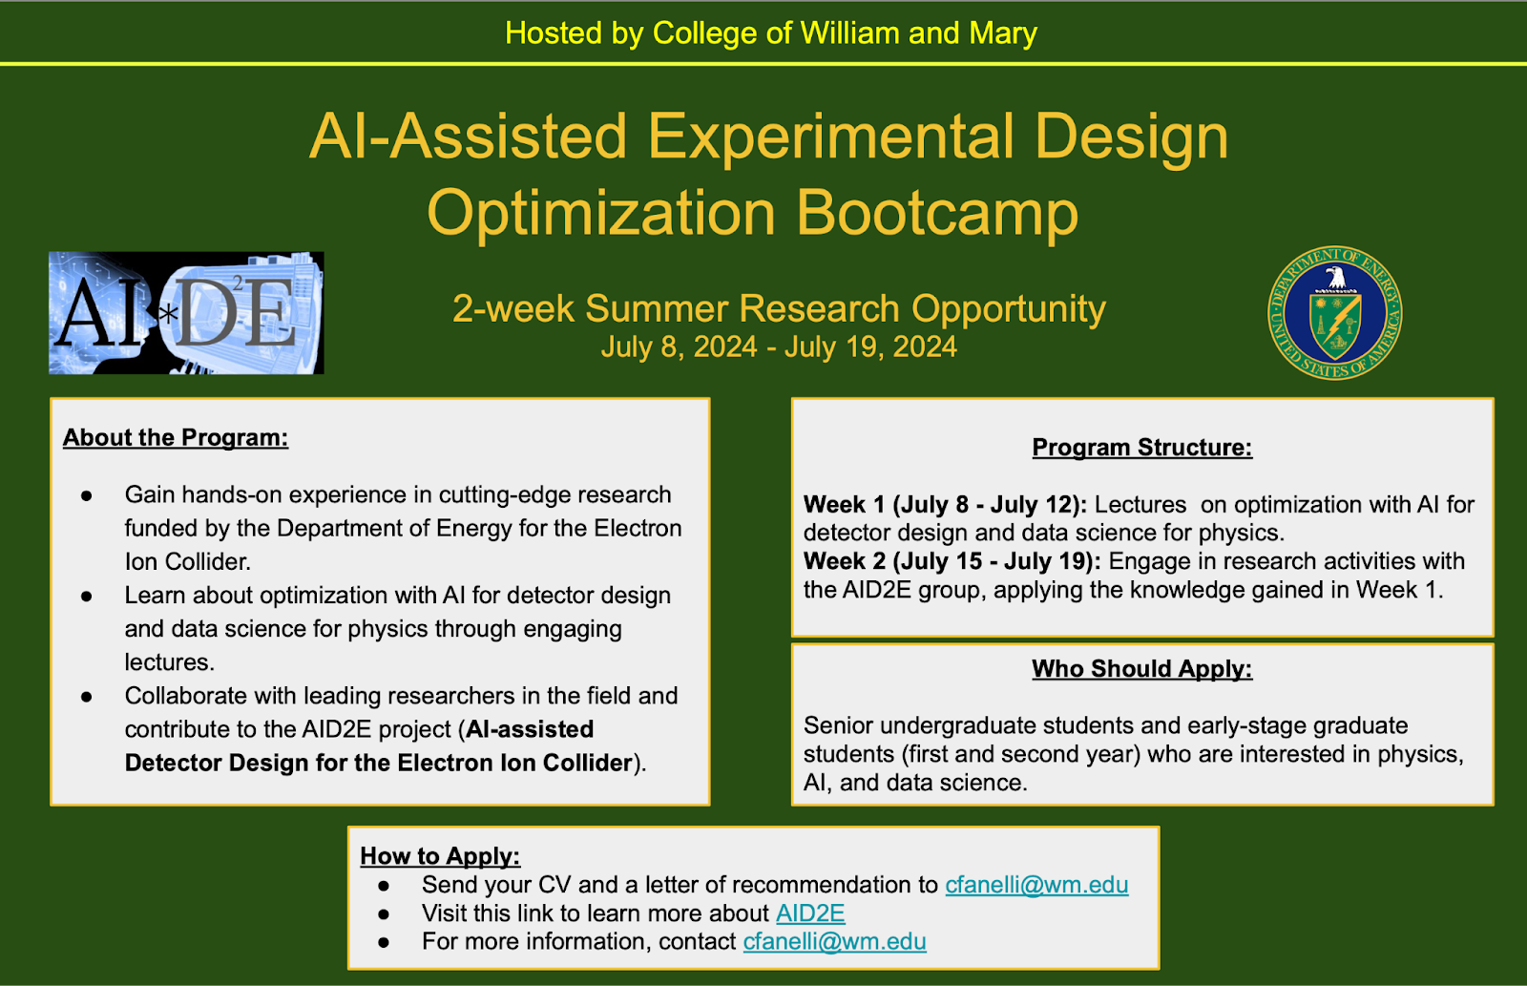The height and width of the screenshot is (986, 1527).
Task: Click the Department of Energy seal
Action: click(1335, 313)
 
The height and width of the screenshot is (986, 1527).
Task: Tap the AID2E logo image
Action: click(186, 313)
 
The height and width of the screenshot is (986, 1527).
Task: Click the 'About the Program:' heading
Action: click(176, 438)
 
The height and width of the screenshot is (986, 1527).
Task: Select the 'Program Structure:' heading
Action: click(1141, 448)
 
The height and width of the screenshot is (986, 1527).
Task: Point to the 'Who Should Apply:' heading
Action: click(1141, 669)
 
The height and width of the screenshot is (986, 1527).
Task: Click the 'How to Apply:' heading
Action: click(440, 856)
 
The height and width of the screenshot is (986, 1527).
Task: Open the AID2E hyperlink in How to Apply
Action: click(810, 913)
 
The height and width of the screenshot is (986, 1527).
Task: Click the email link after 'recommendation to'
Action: click(1036, 885)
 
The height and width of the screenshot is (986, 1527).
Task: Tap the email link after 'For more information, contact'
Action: click(834, 942)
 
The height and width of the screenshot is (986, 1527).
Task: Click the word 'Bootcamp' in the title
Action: click(937, 212)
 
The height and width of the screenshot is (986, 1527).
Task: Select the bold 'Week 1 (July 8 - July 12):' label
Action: click(946, 505)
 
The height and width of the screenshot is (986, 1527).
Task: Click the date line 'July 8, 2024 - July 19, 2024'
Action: click(779, 346)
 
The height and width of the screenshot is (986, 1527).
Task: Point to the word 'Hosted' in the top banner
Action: click(553, 32)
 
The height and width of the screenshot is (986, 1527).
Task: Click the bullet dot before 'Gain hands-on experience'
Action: click(86, 495)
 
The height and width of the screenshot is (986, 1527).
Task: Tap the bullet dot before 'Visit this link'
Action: click(383, 914)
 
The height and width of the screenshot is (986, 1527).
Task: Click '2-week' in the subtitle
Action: click(513, 308)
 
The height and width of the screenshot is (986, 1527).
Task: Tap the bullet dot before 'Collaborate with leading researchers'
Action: click(86, 697)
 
